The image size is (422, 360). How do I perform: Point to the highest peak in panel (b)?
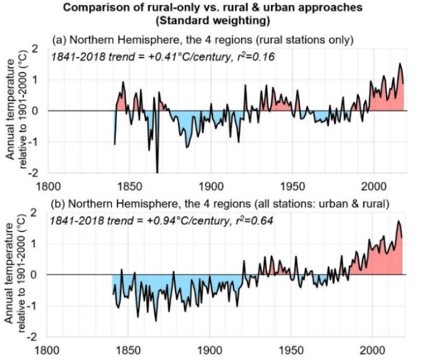click(x=398, y=222)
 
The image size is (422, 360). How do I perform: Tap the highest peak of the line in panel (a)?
click(x=400, y=64)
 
